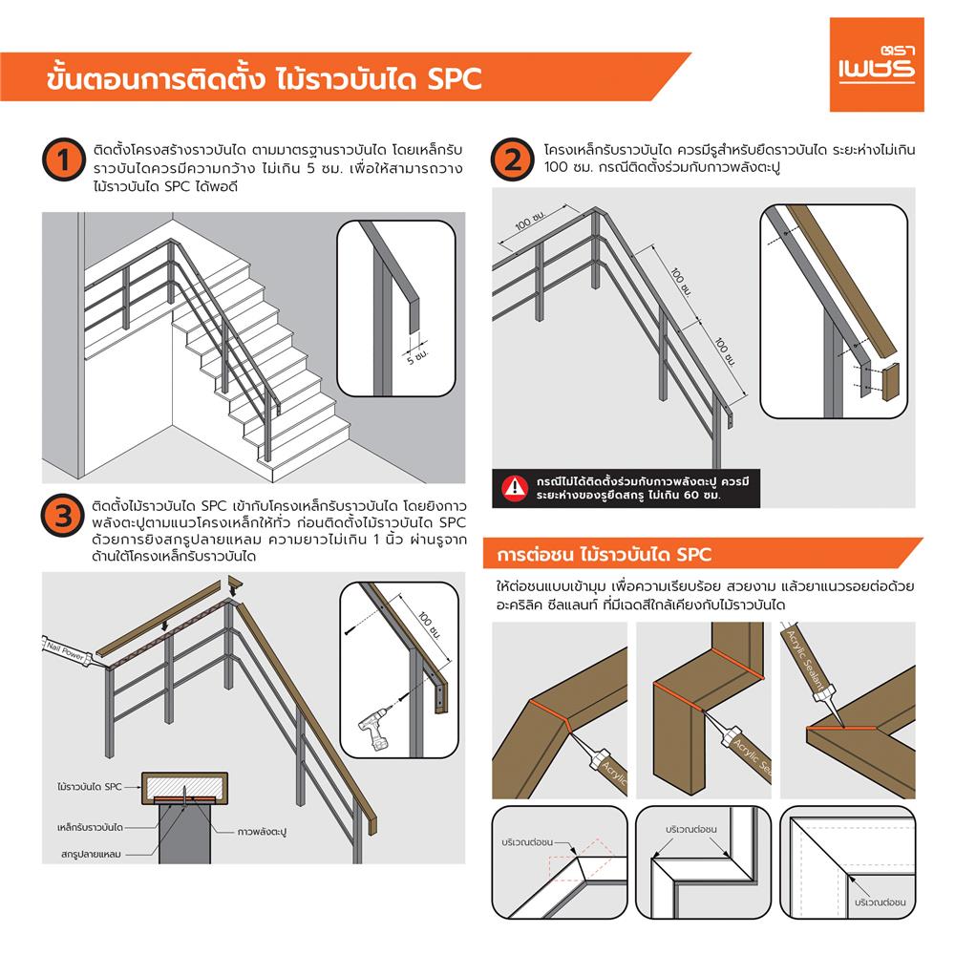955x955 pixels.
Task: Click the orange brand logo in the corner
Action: pos(876,64)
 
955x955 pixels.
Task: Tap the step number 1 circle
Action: pos(62,160)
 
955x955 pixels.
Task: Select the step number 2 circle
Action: pos(513,160)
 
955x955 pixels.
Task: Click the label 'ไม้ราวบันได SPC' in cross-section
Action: pos(88,786)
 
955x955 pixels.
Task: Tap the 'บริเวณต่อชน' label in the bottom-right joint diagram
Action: pos(880,901)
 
